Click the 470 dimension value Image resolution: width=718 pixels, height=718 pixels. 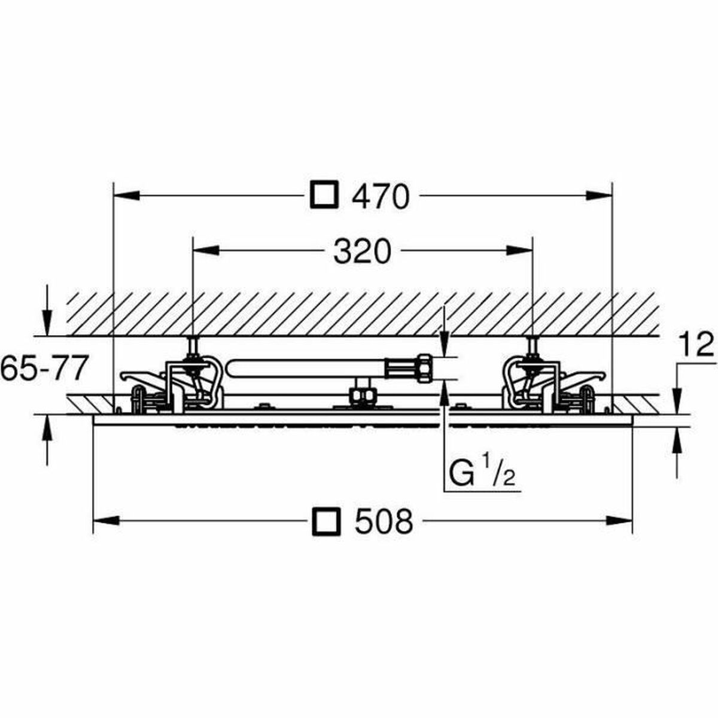point(381,197)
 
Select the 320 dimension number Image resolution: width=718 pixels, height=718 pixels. point(362,252)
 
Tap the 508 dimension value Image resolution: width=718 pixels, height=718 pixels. point(384,521)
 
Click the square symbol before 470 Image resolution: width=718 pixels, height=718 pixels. point(325,194)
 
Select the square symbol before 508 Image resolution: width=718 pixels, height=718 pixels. point(326,521)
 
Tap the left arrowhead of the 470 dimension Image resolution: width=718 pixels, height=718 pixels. point(126,195)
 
